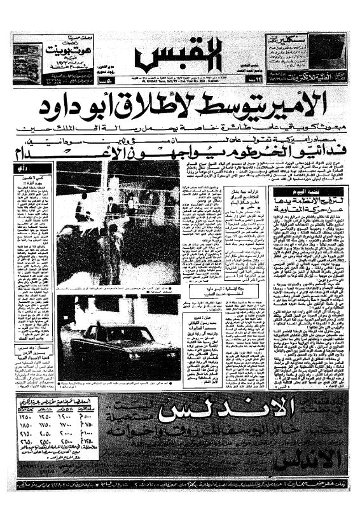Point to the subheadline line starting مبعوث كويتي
tap(184, 130)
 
